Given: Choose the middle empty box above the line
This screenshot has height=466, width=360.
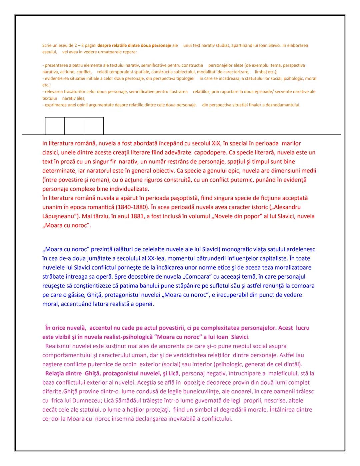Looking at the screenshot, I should click(x=74, y=126).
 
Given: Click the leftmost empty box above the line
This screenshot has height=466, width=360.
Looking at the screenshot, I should click(x=55, y=126).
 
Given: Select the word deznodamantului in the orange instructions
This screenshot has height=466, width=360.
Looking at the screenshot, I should click(x=283, y=105).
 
